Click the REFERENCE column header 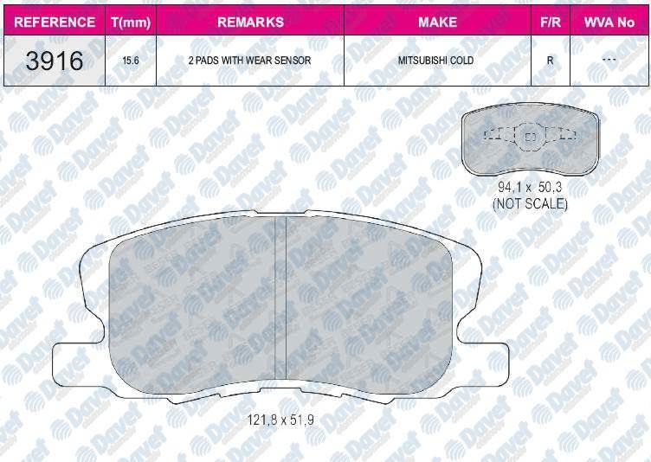[55, 22]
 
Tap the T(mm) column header [131, 22]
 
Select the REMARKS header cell [250, 22]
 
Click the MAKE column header [437, 22]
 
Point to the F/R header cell [551, 22]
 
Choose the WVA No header [609, 22]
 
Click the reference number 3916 [55, 61]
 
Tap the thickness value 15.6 [131, 61]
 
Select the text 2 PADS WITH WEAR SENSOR [249, 61]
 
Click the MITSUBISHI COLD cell [435, 61]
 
